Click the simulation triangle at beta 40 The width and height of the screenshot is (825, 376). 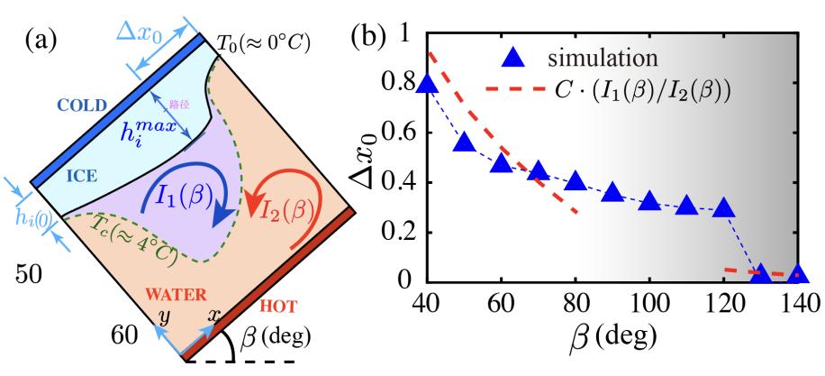point(428,84)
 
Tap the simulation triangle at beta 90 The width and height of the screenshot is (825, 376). point(612,193)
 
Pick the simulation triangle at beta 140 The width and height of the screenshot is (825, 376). point(797,273)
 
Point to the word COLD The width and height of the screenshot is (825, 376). point(82,106)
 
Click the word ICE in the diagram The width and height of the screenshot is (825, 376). point(82,177)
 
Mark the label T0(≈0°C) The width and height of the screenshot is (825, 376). point(266,42)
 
